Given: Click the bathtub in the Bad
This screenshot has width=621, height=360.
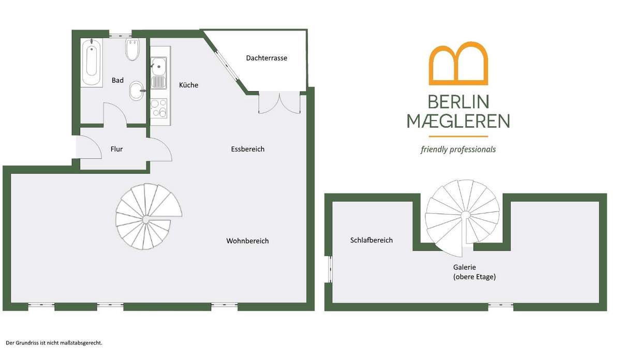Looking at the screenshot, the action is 92,63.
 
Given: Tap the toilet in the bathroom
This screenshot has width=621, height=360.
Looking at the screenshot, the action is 132,50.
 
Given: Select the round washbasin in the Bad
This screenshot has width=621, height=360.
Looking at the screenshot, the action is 137,91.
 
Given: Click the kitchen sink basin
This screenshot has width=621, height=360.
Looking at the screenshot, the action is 158,66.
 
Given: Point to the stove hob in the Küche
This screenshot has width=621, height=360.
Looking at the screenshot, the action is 159,108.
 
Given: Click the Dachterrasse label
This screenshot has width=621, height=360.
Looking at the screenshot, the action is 267,58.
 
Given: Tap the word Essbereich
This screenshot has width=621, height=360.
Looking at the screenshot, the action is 247,149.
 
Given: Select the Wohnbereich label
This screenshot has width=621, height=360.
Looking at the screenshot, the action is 247,241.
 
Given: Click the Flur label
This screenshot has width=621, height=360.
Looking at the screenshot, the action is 116,149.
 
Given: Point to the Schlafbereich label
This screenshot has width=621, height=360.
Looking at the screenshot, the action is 371,240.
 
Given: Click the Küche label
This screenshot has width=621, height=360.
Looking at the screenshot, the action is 188,85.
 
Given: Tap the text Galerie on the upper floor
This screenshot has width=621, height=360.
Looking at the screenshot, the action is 464,267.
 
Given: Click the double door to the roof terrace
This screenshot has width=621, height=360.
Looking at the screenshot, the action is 279,102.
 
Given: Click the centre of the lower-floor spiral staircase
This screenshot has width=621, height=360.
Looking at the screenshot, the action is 146,219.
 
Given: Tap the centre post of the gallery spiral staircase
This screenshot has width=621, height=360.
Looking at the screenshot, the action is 465,215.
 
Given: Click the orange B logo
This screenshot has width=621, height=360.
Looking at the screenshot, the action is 459,64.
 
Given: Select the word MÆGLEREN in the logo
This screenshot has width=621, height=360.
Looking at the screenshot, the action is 458,121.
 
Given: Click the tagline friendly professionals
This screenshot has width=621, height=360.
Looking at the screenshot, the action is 458,149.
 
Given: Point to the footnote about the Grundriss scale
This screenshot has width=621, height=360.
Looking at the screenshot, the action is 54,343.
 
